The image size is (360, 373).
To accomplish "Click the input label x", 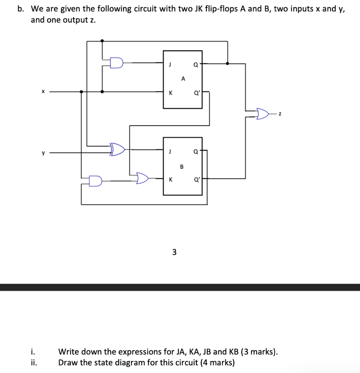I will (x=43, y=92).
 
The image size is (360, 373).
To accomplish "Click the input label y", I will (x=43, y=153).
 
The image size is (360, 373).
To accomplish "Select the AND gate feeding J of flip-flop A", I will (x=116, y=63).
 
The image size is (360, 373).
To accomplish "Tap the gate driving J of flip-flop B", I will (x=118, y=149).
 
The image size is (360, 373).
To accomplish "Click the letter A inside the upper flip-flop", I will (x=183, y=78).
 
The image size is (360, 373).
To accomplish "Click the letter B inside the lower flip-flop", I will (x=182, y=167).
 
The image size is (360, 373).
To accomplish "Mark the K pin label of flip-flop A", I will (x=170, y=93).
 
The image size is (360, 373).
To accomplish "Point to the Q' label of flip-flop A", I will (x=196, y=93).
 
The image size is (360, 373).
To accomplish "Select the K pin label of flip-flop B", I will (x=170, y=180).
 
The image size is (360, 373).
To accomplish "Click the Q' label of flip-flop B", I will (x=196, y=179).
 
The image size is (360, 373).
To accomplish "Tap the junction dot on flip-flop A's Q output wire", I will (x=228, y=63).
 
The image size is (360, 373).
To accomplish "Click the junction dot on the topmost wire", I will (x=102, y=41).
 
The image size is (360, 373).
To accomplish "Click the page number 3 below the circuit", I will (x=174, y=252).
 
